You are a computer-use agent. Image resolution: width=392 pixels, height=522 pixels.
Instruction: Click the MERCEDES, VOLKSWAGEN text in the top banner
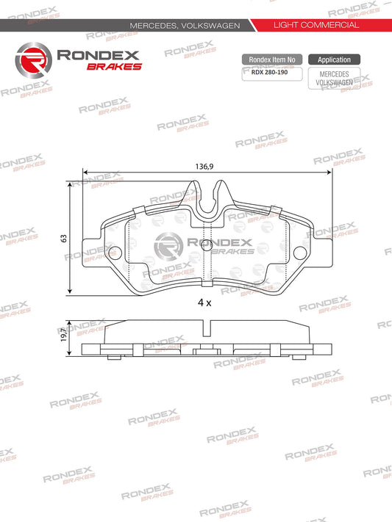coord(185,25)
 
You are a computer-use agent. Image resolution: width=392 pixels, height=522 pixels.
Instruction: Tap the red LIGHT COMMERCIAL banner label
coord(316,25)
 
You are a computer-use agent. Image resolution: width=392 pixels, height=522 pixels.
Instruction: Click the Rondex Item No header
coord(272,59)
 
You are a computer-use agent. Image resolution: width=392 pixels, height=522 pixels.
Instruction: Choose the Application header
coord(334,59)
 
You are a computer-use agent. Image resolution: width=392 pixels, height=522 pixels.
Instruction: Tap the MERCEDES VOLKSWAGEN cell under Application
coord(334,79)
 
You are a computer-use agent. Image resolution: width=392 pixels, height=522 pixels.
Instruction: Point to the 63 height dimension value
coord(64,239)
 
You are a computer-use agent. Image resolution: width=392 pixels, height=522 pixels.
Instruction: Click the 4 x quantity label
coord(204,302)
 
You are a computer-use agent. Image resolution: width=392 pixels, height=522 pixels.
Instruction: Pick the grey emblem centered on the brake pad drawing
coord(171,244)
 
